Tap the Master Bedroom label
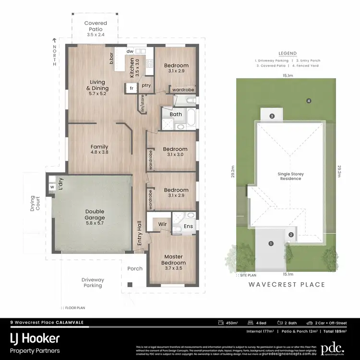[173, 260]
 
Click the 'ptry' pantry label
[146, 85]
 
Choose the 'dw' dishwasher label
[130, 51]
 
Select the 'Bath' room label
[176, 114]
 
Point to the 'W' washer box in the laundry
[51, 187]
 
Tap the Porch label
[135, 268]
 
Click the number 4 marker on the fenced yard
[309, 101]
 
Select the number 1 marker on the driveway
[271, 244]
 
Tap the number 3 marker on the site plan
[272, 116]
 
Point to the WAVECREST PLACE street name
[287, 285]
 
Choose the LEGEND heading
[288, 53]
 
